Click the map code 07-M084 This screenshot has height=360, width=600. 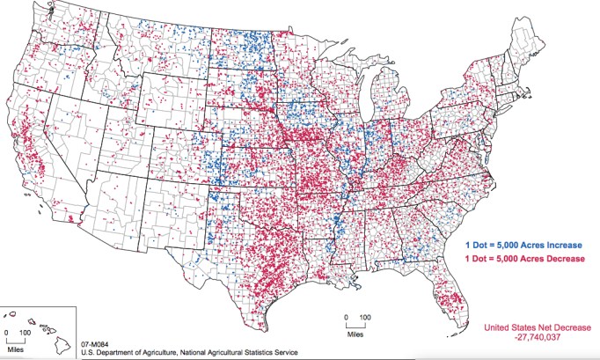click(96, 342)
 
